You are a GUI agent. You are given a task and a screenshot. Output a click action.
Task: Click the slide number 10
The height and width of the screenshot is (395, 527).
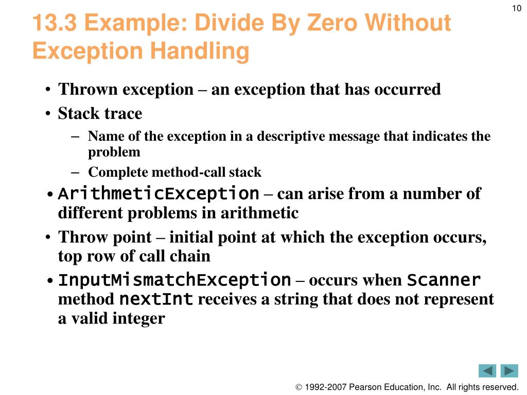[x=517, y=8]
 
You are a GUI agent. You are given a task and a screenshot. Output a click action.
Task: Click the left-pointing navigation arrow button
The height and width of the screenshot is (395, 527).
[x=487, y=371]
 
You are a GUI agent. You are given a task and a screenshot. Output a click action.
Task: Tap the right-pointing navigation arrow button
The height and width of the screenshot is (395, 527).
[x=509, y=371]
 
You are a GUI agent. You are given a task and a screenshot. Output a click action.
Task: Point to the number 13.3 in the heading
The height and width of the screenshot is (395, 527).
[x=55, y=24]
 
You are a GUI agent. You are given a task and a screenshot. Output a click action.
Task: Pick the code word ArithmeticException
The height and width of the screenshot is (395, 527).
[x=159, y=194]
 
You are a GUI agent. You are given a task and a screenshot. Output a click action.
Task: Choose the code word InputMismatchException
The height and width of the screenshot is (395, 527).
[x=174, y=280]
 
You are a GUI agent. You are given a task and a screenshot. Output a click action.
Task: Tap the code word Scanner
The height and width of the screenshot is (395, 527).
[x=444, y=280]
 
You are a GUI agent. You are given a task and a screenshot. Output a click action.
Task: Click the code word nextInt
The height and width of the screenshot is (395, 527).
[x=156, y=299]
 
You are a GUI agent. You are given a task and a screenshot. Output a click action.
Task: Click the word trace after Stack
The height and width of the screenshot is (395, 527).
[x=121, y=113]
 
